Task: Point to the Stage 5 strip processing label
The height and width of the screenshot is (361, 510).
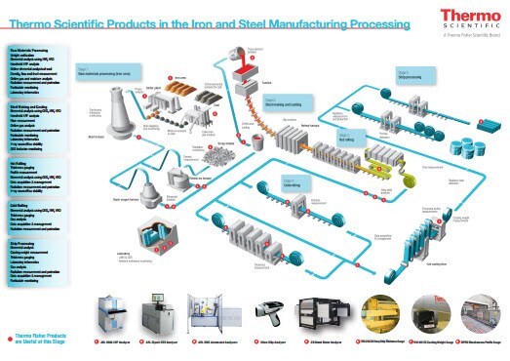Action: click(x=410, y=72)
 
